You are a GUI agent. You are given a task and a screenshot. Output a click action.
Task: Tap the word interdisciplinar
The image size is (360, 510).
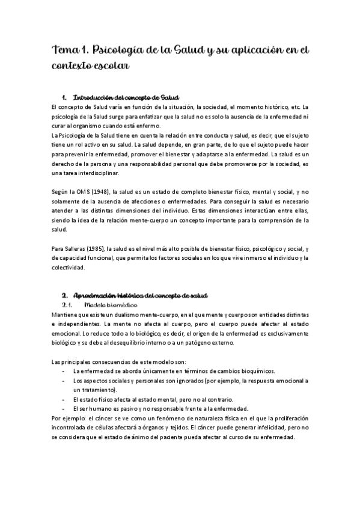point(97,173)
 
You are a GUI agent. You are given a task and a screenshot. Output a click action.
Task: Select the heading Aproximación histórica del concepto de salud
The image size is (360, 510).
point(140,296)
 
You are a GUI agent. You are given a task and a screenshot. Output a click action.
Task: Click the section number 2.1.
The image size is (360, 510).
point(67,306)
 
